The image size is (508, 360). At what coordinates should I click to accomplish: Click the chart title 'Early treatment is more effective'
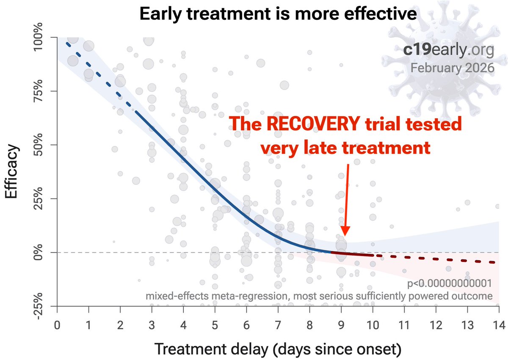[278, 14]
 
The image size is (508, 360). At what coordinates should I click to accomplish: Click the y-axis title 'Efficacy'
[12, 172]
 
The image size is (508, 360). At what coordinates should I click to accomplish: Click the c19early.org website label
[448, 51]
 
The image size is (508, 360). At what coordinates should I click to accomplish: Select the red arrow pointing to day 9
[345, 199]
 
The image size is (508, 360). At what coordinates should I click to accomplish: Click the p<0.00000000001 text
[449, 283]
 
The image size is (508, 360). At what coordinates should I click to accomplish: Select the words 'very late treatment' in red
[345, 148]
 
